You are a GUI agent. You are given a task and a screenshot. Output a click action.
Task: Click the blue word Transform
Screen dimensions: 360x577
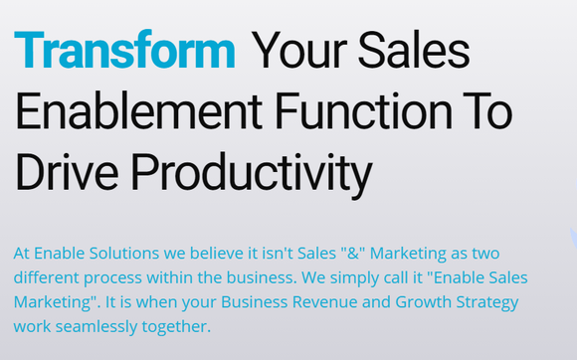tap(125, 50)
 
